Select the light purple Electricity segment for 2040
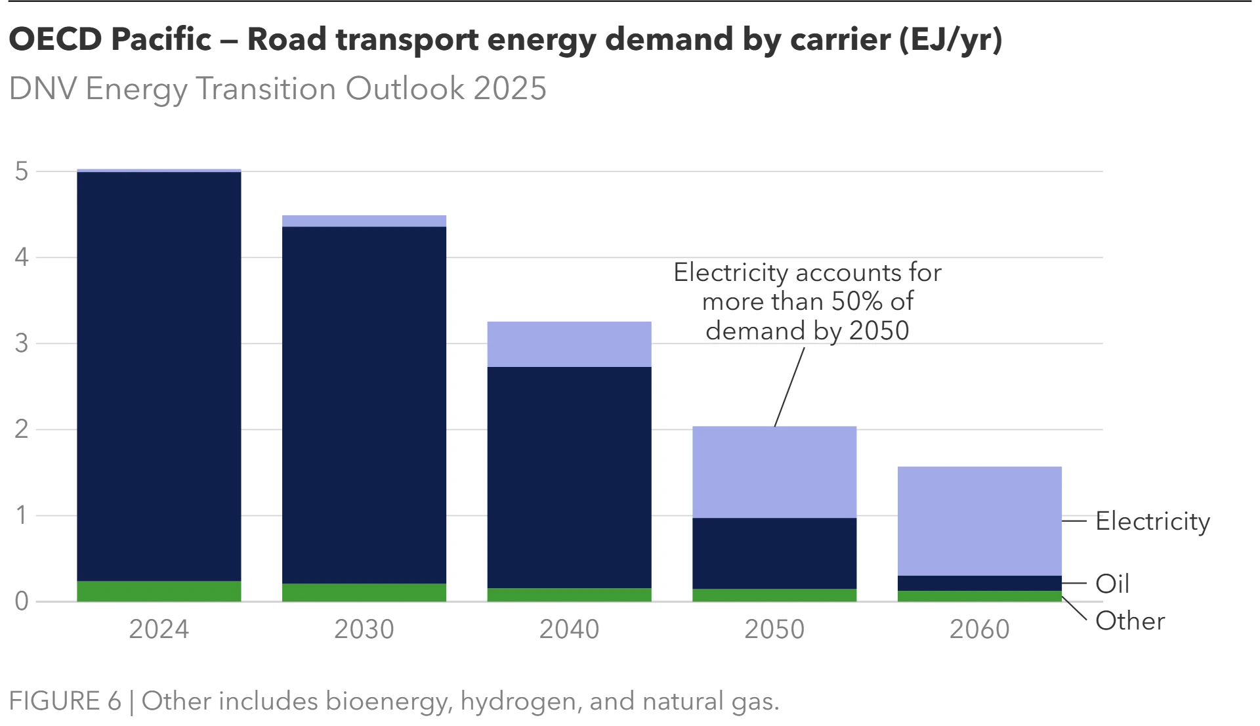coord(569,344)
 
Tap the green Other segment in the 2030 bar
coord(364,592)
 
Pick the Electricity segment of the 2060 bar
coord(979,521)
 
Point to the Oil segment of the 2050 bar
coord(774,553)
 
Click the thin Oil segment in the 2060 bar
coord(979,583)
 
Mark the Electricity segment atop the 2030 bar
coord(364,221)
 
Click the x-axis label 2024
coord(159,629)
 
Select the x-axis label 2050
coord(774,629)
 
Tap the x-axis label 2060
coord(979,629)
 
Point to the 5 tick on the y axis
coord(22,171)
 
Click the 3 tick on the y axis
coord(22,343)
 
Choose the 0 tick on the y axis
coord(22,601)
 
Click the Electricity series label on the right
coord(1152,521)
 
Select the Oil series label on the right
coord(1112,584)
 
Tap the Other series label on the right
coord(1130,621)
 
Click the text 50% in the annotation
coord(856,301)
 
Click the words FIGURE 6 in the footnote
coord(65,701)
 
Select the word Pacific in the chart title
coord(161,39)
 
